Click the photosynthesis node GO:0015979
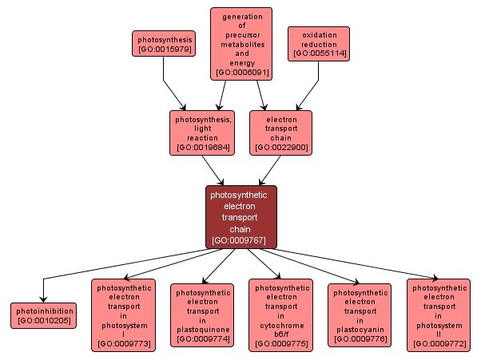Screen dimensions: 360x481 [x=165, y=44]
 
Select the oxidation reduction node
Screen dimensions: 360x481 [x=319, y=44]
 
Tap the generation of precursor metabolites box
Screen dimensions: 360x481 [x=241, y=44]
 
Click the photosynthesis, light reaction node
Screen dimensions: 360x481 [x=202, y=132]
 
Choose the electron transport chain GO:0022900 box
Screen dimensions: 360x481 [x=280, y=132]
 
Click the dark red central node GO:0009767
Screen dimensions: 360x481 [x=241, y=216]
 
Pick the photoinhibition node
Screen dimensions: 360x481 [x=43, y=315]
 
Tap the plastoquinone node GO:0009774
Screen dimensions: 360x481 [x=202, y=315]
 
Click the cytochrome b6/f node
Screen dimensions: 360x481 [x=280, y=315]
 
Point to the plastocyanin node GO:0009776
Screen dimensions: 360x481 [x=360, y=315]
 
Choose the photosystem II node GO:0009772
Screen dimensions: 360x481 [x=439, y=315]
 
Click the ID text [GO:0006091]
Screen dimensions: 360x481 [x=241, y=73]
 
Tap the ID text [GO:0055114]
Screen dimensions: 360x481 [x=319, y=54]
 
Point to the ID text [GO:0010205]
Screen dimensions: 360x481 [x=43, y=321]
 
